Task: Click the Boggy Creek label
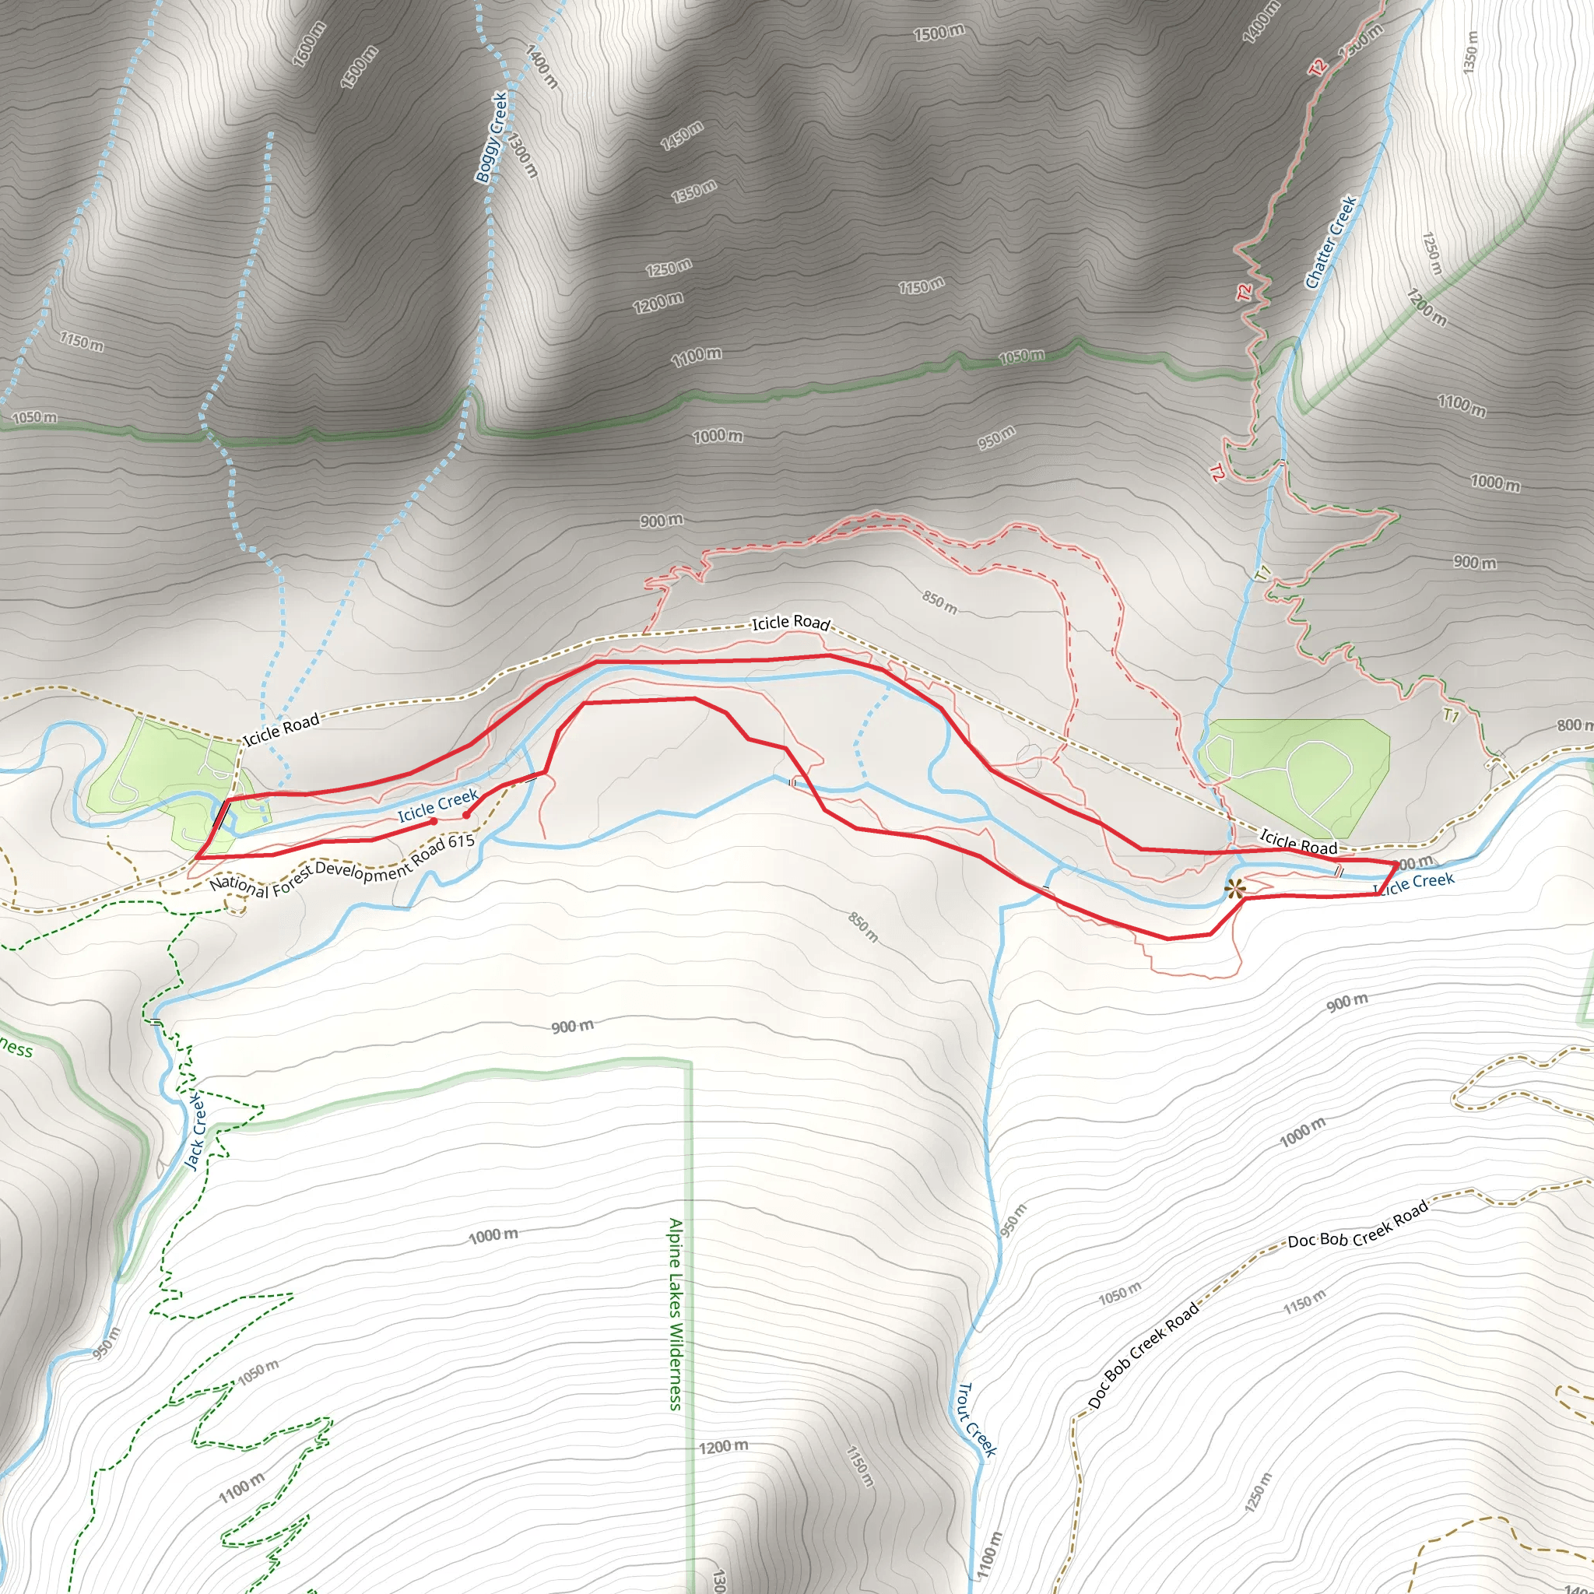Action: click(491, 137)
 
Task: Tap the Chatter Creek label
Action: click(1331, 242)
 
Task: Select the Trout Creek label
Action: click(977, 1420)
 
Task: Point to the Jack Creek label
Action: click(195, 1132)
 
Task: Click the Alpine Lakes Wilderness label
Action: click(676, 1315)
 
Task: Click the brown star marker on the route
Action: click(1234, 889)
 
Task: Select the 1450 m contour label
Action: click(682, 135)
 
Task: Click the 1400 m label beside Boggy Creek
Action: click(541, 67)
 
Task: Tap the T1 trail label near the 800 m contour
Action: click(1451, 714)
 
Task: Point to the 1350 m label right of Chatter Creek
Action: click(1469, 53)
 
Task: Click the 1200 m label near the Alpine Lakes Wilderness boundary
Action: click(724, 1447)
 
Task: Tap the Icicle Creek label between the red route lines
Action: click(438, 806)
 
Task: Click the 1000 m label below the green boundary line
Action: click(717, 436)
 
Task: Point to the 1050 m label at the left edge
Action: click(35, 417)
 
